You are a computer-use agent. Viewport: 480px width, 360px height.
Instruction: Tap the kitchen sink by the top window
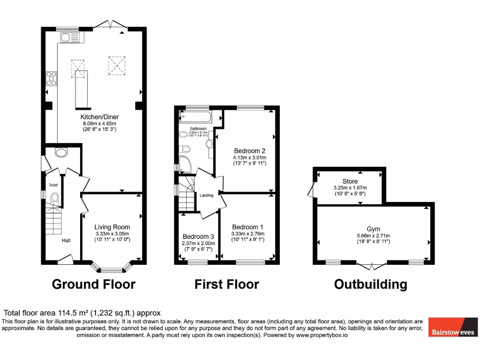[x=68, y=38]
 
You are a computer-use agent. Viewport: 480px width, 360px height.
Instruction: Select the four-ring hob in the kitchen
[x=51, y=79]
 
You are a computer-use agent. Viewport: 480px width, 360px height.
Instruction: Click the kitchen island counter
[x=82, y=87]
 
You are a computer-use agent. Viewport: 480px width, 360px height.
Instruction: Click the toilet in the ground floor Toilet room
[x=54, y=198]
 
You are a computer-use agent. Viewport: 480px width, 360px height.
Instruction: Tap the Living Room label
[x=112, y=227]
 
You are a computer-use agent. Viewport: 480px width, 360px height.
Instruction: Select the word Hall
[x=66, y=240]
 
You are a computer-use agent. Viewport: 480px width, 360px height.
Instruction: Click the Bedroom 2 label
[x=250, y=151]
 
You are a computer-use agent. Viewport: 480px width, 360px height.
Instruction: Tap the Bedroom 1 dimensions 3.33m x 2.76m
[x=247, y=234]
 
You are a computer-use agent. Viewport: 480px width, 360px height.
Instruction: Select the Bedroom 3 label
[x=198, y=236]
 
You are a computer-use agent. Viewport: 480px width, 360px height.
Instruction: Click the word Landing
[x=206, y=195]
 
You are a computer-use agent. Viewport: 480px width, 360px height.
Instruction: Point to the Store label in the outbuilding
[x=350, y=181]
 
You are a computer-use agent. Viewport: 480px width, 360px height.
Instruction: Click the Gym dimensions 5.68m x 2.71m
[x=373, y=236]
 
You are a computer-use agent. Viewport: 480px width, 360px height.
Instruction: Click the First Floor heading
[x=227, y=284]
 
